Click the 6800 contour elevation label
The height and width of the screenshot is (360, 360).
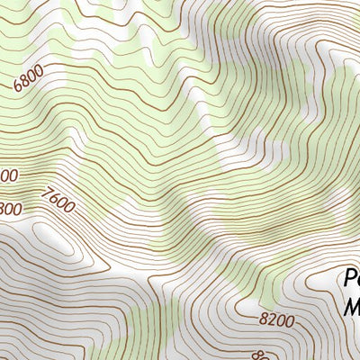coord(29,80)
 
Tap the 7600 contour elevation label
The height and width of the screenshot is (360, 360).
coord(58,199)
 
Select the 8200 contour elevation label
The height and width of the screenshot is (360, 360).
coord(276,319)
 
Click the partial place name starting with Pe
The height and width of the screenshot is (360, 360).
coord(351,278)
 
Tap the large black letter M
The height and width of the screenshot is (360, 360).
coord(352,308)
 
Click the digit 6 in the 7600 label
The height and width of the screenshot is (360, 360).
coord(54,196)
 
